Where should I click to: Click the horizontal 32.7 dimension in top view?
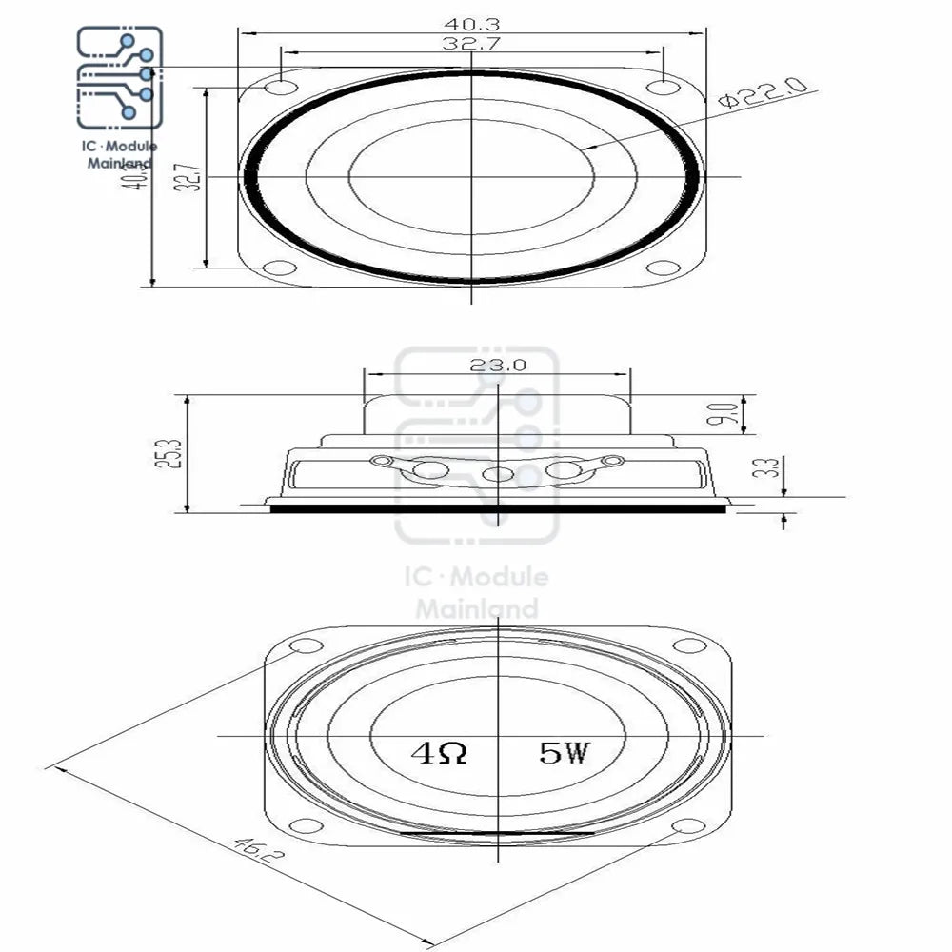[472, 43]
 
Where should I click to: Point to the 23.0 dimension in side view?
[497, 364]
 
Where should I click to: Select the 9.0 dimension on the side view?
[726, 414]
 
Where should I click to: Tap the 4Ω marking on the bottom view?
[439, 754]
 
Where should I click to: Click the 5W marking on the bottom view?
[565, 754]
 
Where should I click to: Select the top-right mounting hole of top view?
[663, 88]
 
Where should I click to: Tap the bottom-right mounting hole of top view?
[663, 266]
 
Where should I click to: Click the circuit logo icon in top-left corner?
[120, 76]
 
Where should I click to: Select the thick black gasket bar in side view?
[497, 508]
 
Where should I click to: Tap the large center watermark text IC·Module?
[476, 577]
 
